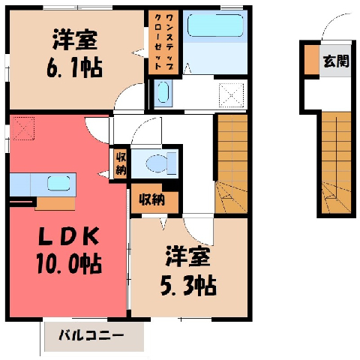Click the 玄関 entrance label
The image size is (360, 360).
pyautogui.click(x=336, y=61)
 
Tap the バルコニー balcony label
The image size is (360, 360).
pyautogui.click(x=91, y=335)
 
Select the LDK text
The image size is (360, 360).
pyautogui.click(x=68, y=236)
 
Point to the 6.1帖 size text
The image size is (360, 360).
pyautogui.click(x=74, y=67)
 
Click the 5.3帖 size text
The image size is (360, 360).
pyautogui.click(x=188, y=286)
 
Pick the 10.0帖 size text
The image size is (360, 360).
pyautogui.click(x=69, y=264)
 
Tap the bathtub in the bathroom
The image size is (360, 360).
pyautogui.click(x=215, y=25)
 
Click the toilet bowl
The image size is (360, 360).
pyautogui.click(x=161, y=163)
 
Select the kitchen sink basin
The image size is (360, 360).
pyautogui.click(x=58, y=183)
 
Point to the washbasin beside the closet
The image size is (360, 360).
pyautogui.click(x=163, y=92)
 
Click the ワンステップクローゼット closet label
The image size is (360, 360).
pyautogui.click(x=163, y=42)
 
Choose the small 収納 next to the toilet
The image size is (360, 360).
pyautogui.click(x=121, y=163)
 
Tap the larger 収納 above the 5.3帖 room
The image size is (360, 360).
pyautogui.click(x=152, y=199)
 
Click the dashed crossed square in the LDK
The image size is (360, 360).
pyautogui.click(x=24, y=128)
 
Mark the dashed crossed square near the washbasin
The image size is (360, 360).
pyautogui.click(x=231, y=95)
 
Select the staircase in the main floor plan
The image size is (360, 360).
pyautogui.click(x=232, y=163)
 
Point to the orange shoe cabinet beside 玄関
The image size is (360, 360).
pyautogui.click(x=312, y=60)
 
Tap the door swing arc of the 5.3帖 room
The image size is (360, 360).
pyautogui.click(x=198, y=232)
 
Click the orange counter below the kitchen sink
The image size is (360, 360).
pyautogui.click(x=55, y=203)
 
